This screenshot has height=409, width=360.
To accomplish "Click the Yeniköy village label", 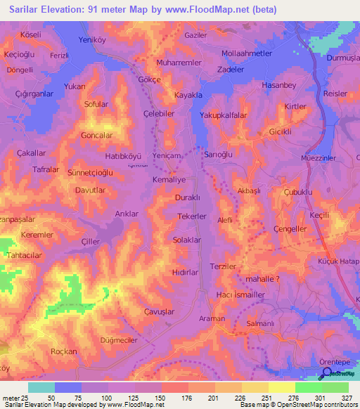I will [96, 40].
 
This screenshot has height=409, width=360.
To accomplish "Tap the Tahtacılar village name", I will [26, 255].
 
